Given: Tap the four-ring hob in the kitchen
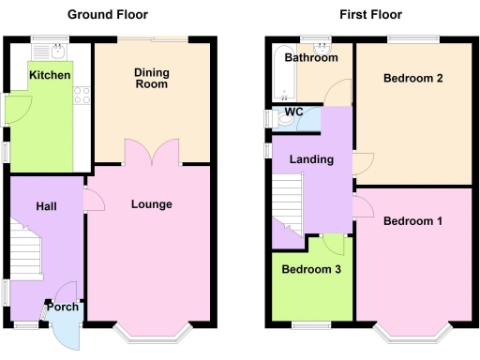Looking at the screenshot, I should [x=81, y=94].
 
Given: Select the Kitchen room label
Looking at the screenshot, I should [x=49, y=75].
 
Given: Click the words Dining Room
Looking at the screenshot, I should [x=151, y=78].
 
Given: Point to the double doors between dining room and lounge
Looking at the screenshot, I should [x=152, y=153].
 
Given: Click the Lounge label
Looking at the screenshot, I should [x=151, y=203].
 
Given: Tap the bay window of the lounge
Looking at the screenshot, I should [x=152, y=331].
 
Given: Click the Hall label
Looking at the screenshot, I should [x=47, y=205].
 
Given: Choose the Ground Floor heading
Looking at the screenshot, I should [x=107, y=15].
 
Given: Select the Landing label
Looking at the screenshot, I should [x=311, y=159].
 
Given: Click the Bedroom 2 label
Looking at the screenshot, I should [x=412, y=79].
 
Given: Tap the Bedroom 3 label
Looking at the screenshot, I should [x=312, y=269].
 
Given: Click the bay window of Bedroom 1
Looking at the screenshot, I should [x=412, y=331].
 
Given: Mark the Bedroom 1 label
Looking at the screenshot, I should [x=412, y=221].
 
